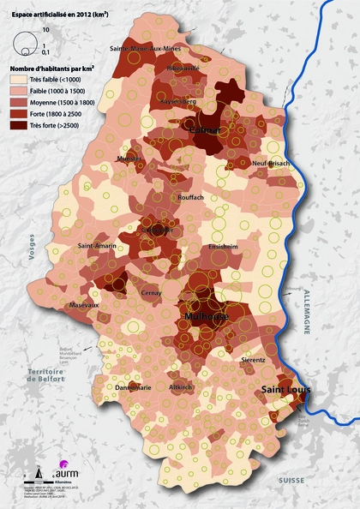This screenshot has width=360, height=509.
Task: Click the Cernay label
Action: (152, 292)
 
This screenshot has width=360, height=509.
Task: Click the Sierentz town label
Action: (254, 361)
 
